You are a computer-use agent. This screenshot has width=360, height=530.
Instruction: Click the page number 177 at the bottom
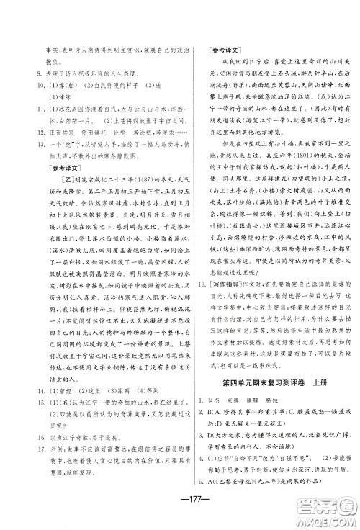[180, 503]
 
